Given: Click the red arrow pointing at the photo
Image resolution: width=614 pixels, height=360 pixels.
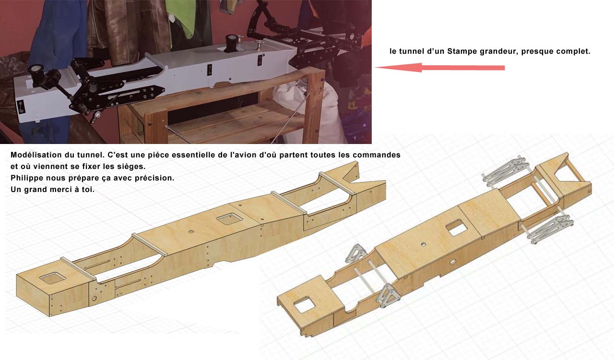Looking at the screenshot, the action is [439, 68].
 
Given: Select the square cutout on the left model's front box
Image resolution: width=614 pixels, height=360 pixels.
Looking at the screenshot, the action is [52, 278].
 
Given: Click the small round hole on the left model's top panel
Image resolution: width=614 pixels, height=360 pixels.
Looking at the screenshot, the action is [191, 232].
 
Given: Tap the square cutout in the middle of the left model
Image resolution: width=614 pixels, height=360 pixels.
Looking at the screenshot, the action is [230, 219].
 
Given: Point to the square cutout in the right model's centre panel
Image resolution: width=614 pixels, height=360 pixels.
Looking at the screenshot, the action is [456, 228].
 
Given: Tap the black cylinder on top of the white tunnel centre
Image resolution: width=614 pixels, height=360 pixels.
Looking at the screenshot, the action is [231, 43].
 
